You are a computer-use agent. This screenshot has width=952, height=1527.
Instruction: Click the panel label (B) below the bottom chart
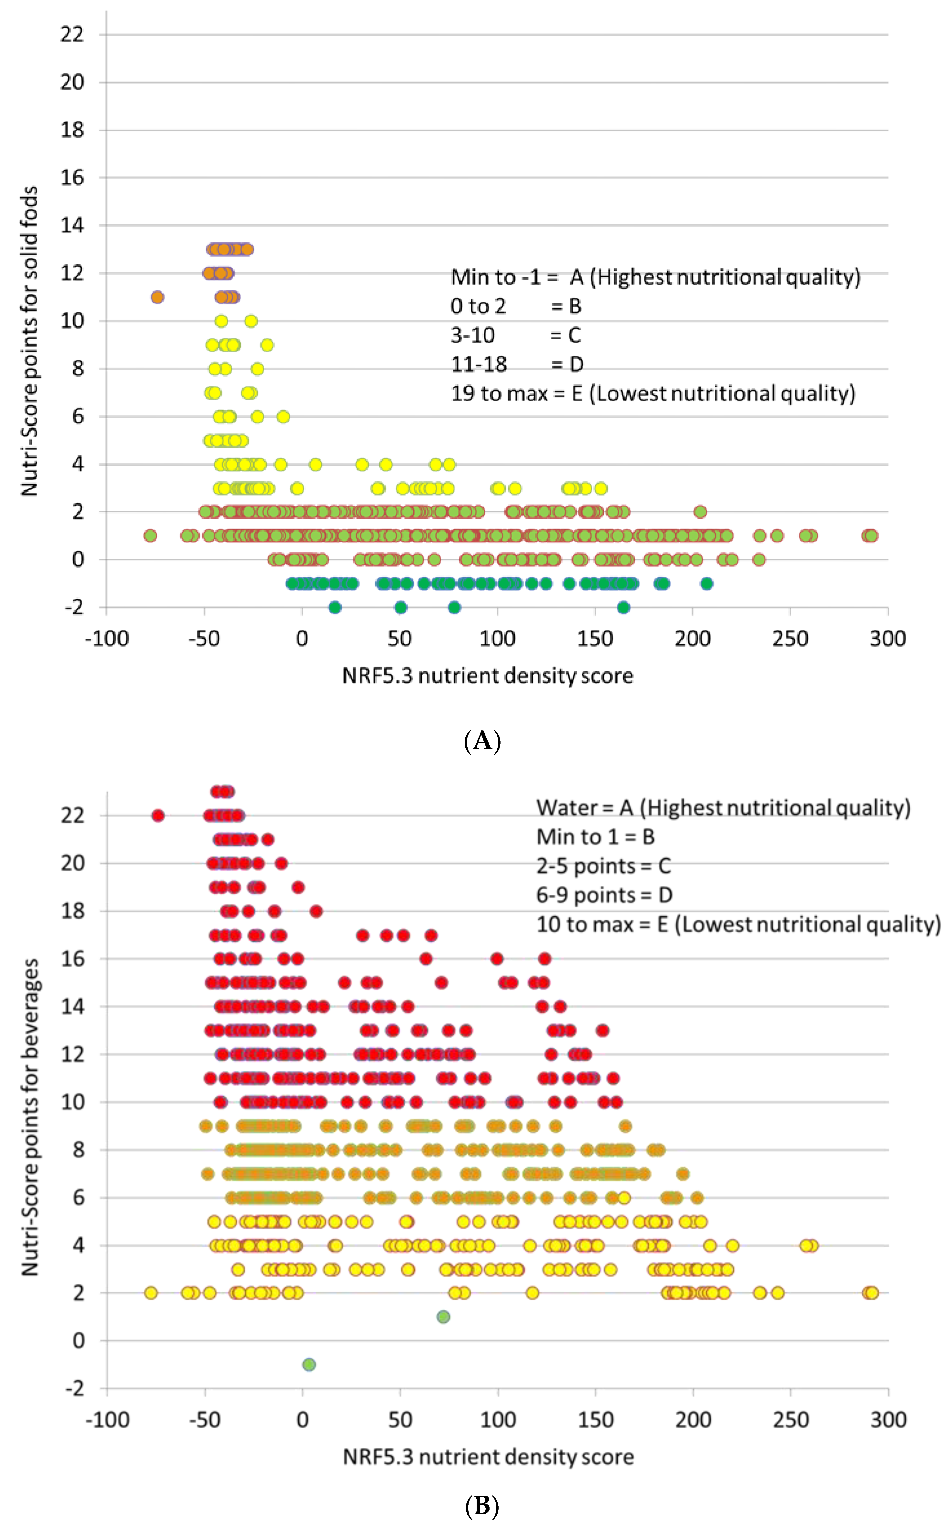tap(482, 1506)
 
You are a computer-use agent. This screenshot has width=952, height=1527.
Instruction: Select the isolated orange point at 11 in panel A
tap(157, 297)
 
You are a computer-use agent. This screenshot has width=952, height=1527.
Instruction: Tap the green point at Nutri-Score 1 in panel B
tap(443, 1317)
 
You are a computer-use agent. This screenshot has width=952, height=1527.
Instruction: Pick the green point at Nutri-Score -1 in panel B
tap(309, 1365)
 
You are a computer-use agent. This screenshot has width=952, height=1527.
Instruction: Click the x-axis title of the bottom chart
tap(488, 1456)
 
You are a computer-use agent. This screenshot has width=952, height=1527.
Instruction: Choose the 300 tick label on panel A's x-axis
tap(888, 639)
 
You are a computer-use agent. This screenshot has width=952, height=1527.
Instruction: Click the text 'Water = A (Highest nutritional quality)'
tap(723, 808)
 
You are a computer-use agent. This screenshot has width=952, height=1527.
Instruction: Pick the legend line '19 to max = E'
tap(652, 393)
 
